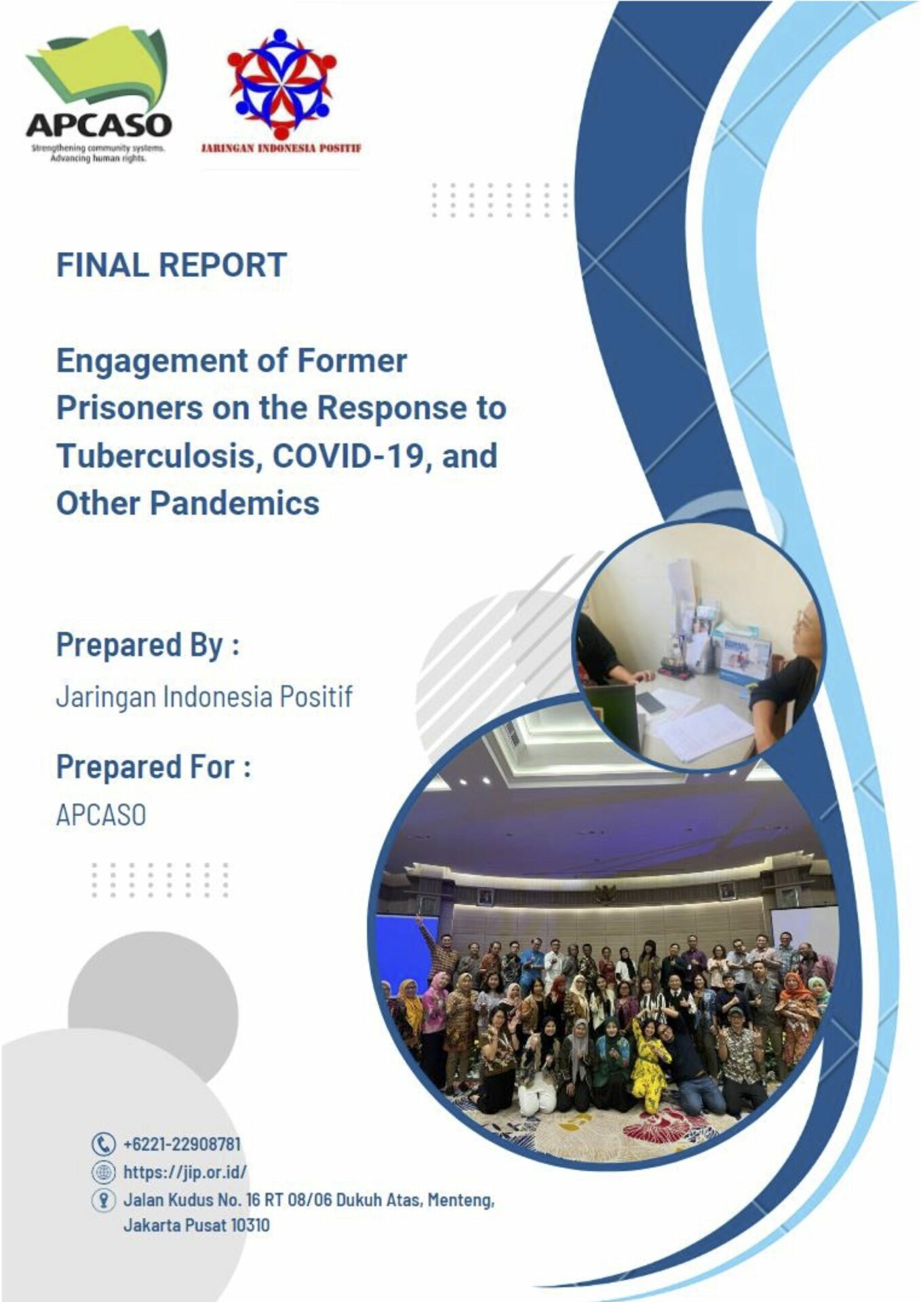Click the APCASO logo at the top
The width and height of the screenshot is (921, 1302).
(x=99, y=94)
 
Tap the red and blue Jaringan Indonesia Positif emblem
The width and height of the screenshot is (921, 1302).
(x=281, y=83)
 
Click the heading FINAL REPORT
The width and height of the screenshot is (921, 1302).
(x=172, y=264)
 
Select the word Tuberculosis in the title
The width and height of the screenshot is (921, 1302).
(x=159, y=455)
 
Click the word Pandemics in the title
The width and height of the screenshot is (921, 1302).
(x=235, y=503)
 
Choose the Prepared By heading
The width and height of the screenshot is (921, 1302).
(x=148, y=646)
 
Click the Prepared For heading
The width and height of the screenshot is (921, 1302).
(x=154, y=768)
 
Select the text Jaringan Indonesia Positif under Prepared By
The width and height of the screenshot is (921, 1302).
(x=204, y=697)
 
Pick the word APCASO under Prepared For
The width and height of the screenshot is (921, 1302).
(x=101, y=815)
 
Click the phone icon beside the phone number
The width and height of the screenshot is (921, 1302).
(x=103, y=1144)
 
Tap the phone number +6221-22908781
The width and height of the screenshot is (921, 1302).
(x=182, y=1144)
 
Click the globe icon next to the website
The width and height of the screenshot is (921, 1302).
(x=103, y=1172)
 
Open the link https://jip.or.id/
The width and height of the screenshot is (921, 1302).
(x=184, y=1172)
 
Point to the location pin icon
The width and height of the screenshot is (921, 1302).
(x=103, y=1200)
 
